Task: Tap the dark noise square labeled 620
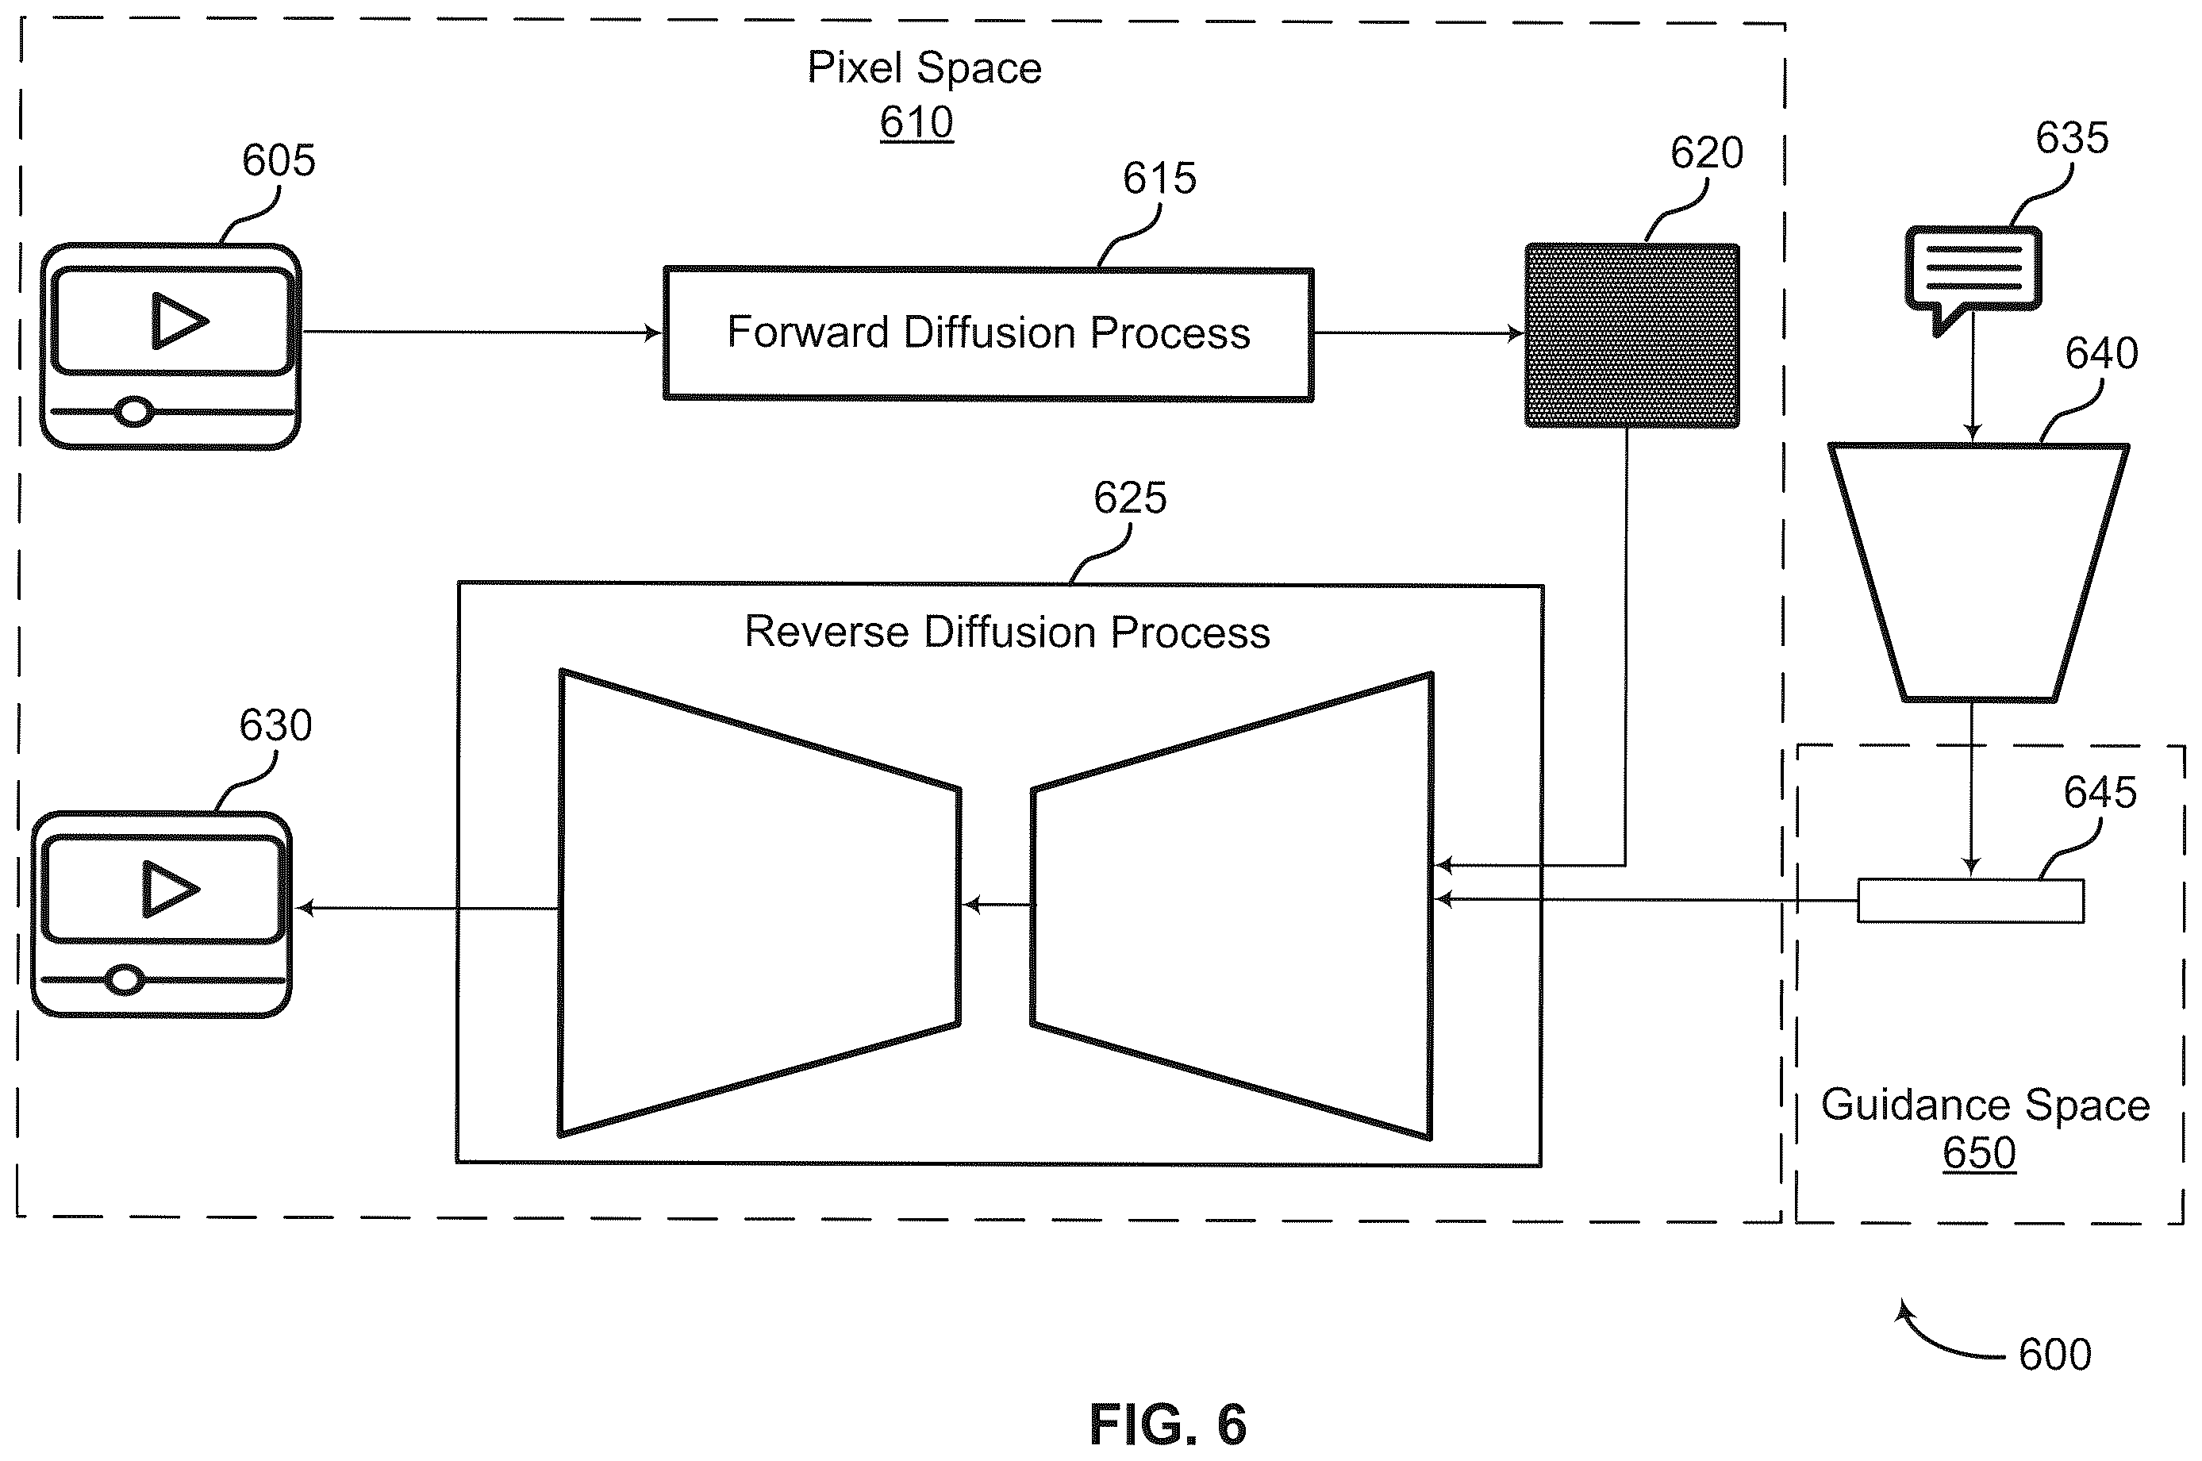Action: coord(1631,336)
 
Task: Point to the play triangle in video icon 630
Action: coord(171,889)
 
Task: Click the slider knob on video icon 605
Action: coord(134,411)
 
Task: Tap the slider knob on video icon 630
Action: coord(125,979)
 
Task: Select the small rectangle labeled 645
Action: coord(1971,901)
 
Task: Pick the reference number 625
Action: coord(1130,498)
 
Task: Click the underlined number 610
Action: coord(917,122)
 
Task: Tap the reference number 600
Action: coord(2055,1354)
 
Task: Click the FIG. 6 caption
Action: coord(1168,1424)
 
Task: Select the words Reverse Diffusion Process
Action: coord(1007,632)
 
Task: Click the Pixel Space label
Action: coord(924,67)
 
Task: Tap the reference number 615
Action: coord(1159,178)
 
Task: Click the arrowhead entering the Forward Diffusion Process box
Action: coord(654,333)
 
